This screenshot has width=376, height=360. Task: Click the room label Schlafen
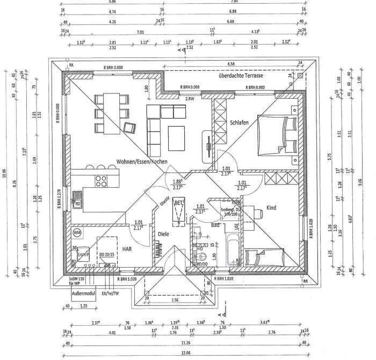pos(239,123)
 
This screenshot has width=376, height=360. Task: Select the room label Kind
pos(272,208)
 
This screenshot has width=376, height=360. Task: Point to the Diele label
pos(163,233)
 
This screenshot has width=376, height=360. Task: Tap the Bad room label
pos(215,224)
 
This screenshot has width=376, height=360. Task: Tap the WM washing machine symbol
pos(76,232)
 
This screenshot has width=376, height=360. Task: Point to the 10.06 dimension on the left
pos(4,172)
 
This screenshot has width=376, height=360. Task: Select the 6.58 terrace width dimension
pos(231,64)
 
